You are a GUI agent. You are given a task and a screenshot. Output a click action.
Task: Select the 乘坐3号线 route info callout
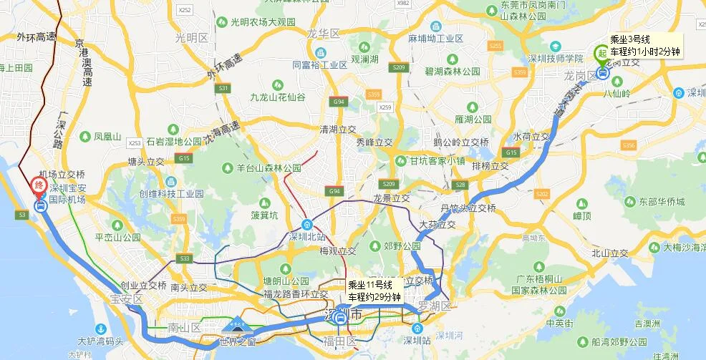pos(644,45)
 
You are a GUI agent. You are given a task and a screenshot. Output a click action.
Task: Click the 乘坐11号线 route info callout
pos(374,291)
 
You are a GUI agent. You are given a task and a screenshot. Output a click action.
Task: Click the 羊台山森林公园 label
pos(269,168)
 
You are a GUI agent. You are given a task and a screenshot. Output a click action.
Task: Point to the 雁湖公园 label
pos(473,119)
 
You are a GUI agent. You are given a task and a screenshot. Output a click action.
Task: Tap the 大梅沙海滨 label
pos(684,248)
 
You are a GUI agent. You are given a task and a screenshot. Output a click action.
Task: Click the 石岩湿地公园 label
pos(165,142)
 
